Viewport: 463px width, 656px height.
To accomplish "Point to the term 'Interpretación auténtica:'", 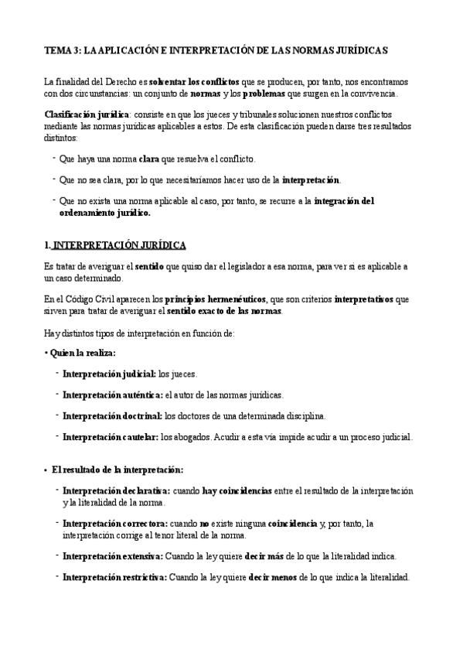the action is [x=112, y=394].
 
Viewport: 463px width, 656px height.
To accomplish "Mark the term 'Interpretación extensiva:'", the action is [x=113, y=555].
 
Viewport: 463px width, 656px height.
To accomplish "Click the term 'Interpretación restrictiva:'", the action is [x=114, y=577].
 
